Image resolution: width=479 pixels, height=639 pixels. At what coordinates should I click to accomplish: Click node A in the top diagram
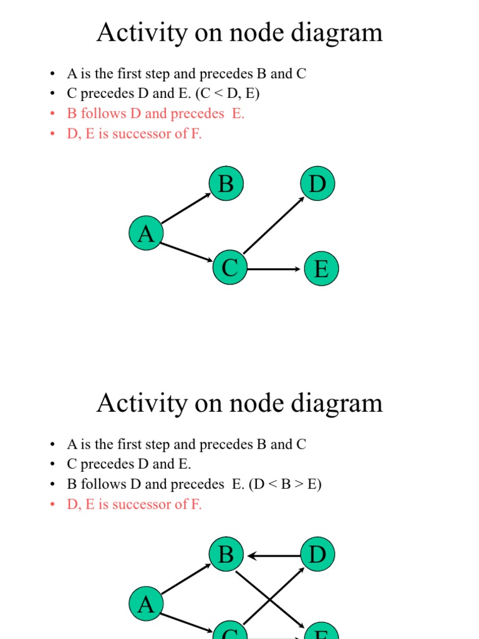click(x=145, y=234)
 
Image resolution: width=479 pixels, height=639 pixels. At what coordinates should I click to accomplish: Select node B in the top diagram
click(x=226, y=184)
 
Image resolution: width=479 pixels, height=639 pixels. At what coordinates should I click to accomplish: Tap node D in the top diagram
click(x=317, y=184)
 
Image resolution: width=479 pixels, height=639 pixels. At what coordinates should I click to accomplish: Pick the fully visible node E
click(x=321, y=269)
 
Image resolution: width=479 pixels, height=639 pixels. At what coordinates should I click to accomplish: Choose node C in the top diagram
click(x=230, y=268)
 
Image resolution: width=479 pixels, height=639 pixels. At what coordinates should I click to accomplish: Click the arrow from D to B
click(x=274, y=555)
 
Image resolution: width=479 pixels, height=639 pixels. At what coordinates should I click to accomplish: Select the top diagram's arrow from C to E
click(x=274, y=270)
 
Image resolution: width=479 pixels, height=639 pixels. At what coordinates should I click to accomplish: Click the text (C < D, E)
click(x=228, y=94)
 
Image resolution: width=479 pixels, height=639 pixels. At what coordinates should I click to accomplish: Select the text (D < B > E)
click(x=285, y=484)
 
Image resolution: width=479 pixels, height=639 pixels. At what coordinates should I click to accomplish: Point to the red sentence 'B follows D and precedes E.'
click(x=156, y=114)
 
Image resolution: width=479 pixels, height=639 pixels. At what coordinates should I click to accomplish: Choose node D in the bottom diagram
click(x=317, y=554)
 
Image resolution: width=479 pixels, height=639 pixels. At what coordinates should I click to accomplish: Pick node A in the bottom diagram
click(x=145, y=604)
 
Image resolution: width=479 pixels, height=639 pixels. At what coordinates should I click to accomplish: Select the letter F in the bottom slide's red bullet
click(x=196, y=504)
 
